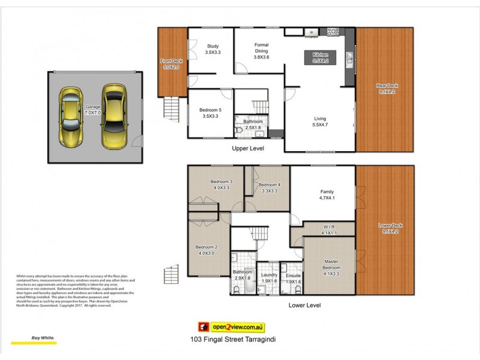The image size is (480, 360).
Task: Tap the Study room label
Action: click(212, 49)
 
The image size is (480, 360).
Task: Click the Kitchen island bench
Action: click(324, 58)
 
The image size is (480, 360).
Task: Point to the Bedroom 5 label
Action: click(212, 113)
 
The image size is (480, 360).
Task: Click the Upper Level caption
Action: click(248, 148)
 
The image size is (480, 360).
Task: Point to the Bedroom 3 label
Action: click(221, 185)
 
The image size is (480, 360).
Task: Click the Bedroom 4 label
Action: click(270, 188)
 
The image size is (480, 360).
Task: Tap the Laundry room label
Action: click(269, 278)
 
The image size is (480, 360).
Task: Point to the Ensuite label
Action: click(293, 278)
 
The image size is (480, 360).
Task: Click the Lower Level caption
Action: click(304, 305)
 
